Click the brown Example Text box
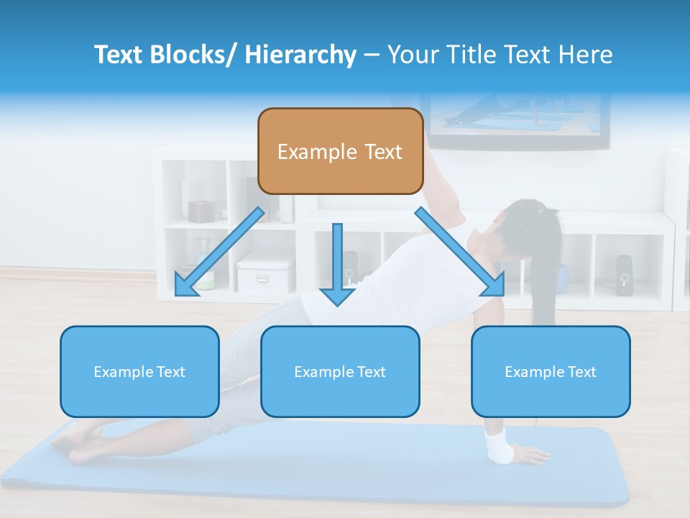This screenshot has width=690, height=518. pyautogui.click(x=340, y=151)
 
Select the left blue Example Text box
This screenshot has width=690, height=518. pyautogui.click(x=139, y=371)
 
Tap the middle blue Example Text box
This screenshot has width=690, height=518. pyautogui.click(x=340, y=371)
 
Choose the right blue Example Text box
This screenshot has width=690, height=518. pyautogui.click(x=551, y=371)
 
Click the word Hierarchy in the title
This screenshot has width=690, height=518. pyautogui.click(x=300, y=55)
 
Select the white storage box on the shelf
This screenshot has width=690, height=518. pyautogui.click(x=264, y=273)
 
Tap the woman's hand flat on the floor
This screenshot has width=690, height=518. pyautogui.click(x=530, y=455)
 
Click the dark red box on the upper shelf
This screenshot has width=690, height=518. pyautogui.click(x=202, y=211)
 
